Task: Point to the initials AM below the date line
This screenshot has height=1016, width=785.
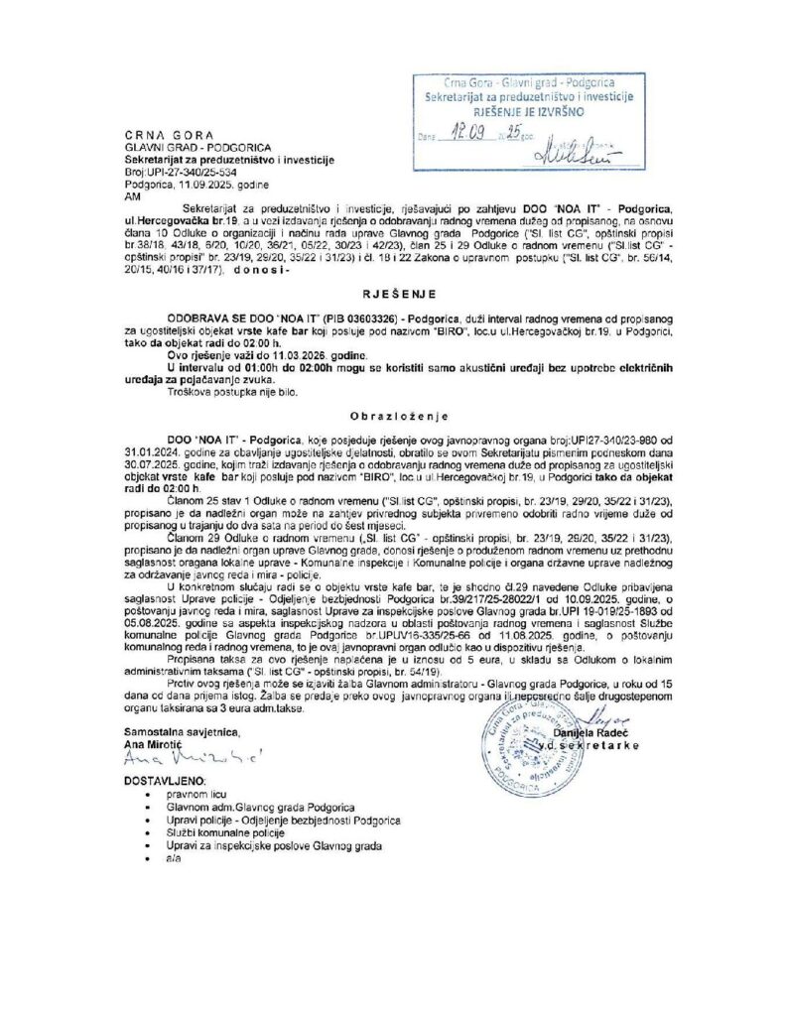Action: click(x=132, y=196)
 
